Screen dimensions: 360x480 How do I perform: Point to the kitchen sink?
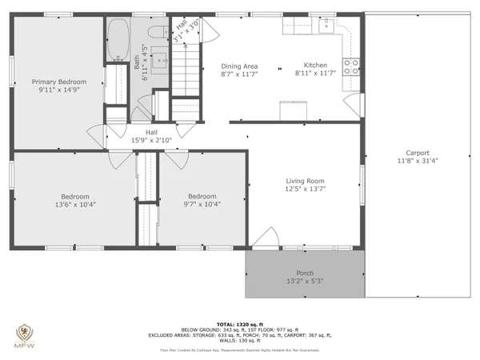pyautogui.click(x=326, y=26)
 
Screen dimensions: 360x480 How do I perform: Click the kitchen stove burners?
pyautogui.click(x=351, y=66)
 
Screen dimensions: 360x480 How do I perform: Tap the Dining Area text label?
pyautogui.click(x=239, y=66)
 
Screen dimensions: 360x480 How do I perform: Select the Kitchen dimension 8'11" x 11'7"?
pyautogui.click(x=315, y=74)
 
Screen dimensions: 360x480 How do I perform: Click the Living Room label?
pyautogui.click(x=305, y=181)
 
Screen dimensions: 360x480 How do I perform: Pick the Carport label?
pyautogui.click(x=417, y=153)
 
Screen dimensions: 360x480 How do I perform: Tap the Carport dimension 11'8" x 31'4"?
pyautogui.click(x=417, y=161)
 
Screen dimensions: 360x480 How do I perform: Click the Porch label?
pyautogui.click(x=305, y=274)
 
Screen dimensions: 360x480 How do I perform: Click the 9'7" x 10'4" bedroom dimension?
pyautogui.click(x=202, y=205)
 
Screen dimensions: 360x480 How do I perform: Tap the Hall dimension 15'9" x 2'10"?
pyautogui.click(x=150, y=141)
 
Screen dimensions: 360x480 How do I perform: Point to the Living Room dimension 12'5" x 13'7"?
pyautogui.click(x=305, y=190)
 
